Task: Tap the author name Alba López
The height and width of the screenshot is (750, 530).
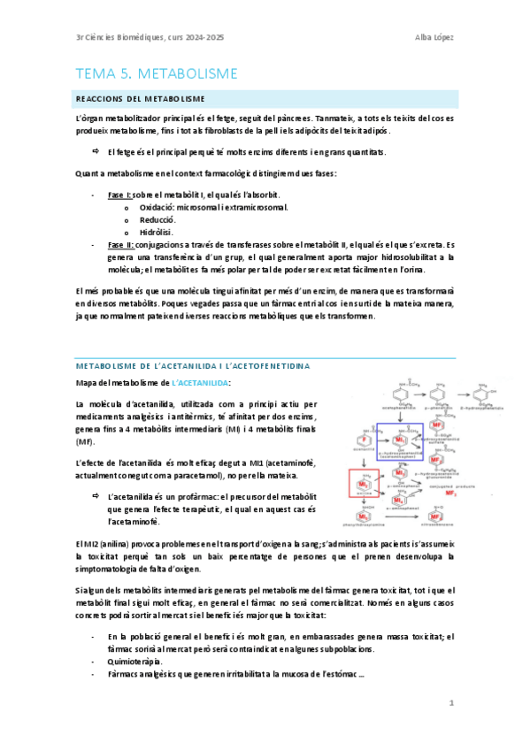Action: [x=434, y=36]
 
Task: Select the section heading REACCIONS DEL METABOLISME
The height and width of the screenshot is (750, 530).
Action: [x=141, y=97]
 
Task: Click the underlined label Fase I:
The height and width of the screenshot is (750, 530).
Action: [x=118, y=193]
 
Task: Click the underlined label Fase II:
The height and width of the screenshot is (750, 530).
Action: [x=119, y=244]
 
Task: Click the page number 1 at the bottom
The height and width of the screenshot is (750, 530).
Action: [x=450, y=703]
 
